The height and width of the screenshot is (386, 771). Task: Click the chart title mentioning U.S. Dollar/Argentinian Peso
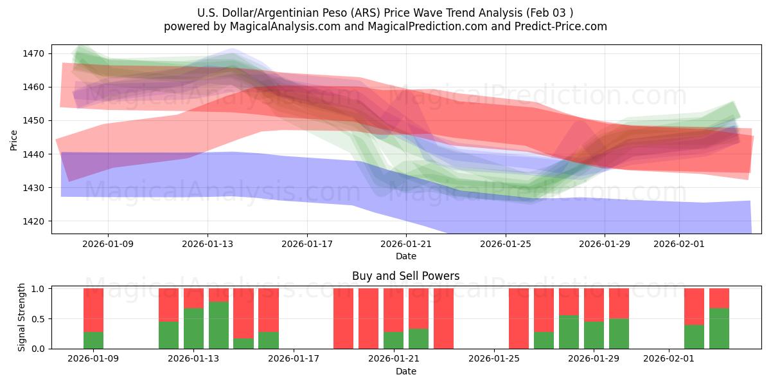(385, 12)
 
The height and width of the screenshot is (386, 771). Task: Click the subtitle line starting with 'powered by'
(385, 26)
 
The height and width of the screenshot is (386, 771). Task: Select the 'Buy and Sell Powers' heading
(405, 276)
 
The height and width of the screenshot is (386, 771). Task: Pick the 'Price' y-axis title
(14, 139)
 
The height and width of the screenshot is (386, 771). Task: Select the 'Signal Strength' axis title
(21, 317)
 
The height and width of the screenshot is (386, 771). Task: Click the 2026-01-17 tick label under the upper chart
(306, 244)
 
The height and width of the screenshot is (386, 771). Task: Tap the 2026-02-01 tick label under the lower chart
(669, 358)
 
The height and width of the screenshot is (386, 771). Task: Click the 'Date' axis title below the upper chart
(405, 256)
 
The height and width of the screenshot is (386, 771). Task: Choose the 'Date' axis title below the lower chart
(405, 371)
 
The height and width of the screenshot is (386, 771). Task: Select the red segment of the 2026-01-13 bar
(193, 298)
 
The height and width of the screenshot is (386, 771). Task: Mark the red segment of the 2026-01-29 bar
(594, 304)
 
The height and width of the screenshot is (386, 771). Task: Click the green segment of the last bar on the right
(719, 329)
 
